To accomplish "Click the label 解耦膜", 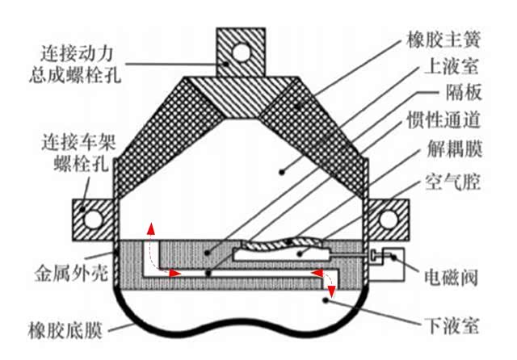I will pyautogui.click(x=448, y=150).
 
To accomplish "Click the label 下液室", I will pyautogui.click(x=450, y=325).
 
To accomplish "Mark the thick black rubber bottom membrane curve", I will pyautogui.click(x=242, y=333).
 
